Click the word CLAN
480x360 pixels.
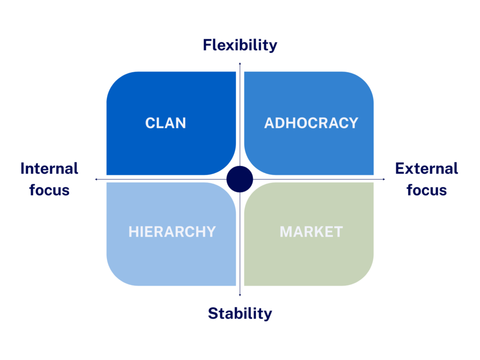[165, 123]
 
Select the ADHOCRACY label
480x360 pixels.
[311, 123]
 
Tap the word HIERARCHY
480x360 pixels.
[172, 232]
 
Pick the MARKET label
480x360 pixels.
[311, 232]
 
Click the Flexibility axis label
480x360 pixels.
[240, 45]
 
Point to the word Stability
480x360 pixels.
[240, 313]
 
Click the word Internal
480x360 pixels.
[49, 168]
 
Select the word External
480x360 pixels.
[427, 168]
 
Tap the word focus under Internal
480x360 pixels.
[49, 190]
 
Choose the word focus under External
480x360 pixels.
[427, 190]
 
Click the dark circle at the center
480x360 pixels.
[240, 179]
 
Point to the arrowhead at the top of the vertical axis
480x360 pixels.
[240, 63]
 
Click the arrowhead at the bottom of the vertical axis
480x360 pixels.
[240, 295]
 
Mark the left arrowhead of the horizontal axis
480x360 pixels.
[96, 179]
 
